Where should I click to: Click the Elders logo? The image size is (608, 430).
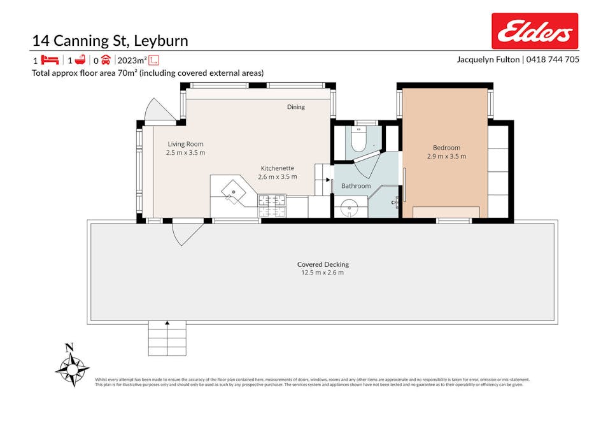[534, 31]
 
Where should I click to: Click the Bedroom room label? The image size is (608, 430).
[446, 148]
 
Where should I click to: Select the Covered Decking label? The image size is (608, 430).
[323, 264]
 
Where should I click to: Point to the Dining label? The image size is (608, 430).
[295, 107]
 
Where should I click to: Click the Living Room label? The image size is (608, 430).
[185, 144]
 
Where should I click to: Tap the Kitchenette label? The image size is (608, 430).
[277, 168]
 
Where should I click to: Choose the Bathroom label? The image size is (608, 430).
[355, 186]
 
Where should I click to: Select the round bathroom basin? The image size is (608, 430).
[349, 208]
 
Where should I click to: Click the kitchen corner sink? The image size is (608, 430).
[234, 190]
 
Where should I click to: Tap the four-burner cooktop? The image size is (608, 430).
[272, 205]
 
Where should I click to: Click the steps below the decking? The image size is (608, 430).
[167, 338]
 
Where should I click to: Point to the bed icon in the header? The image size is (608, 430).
[50, 60]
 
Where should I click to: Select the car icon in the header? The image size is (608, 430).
[106, 60]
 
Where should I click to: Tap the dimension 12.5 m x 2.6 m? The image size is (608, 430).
[323, 273]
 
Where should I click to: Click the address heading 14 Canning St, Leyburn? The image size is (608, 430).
[110, 41]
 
